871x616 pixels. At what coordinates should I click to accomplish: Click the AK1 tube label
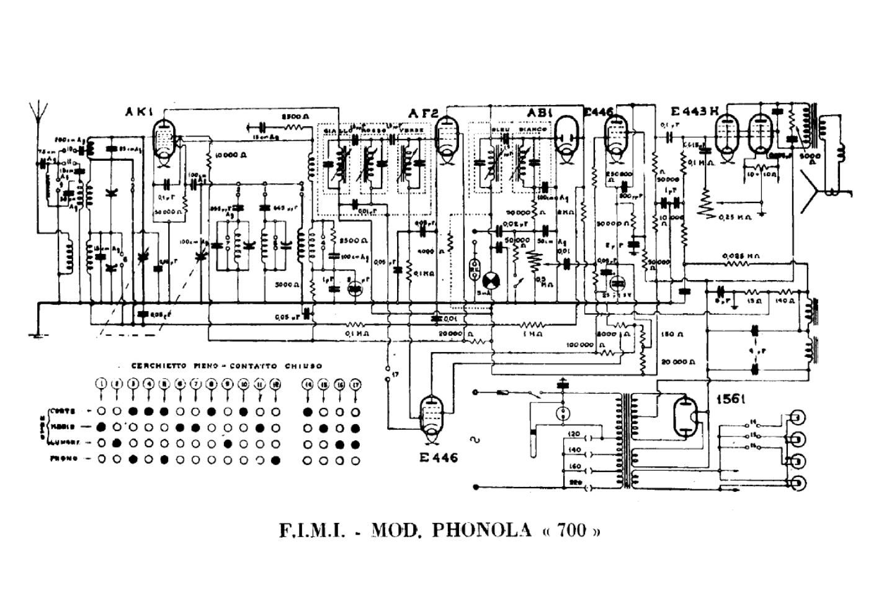(135, 112)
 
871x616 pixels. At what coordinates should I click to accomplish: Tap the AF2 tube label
(423, 114)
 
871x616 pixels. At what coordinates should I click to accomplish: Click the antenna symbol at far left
(39, 115)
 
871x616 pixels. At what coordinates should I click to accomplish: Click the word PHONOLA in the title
(481, 531)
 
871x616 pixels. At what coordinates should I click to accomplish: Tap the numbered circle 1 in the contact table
(101, 384)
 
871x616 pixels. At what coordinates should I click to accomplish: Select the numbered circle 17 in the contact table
(355, 384)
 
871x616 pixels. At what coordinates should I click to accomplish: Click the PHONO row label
(65, 459)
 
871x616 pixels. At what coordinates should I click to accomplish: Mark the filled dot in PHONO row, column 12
(275, 460)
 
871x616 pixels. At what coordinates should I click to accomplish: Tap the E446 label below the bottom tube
(438, 458)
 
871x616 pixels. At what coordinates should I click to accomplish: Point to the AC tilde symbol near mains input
(478, 440)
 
